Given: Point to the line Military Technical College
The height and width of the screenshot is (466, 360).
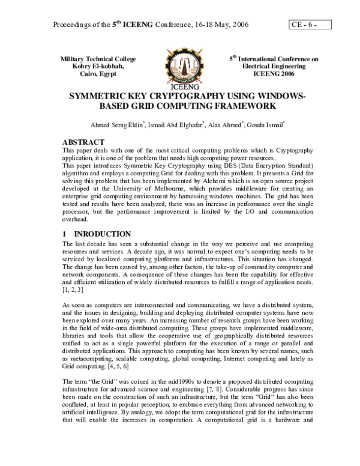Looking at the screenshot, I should [x=98, y=59].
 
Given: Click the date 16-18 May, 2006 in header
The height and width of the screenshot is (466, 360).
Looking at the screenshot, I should [x=220, y=25].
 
